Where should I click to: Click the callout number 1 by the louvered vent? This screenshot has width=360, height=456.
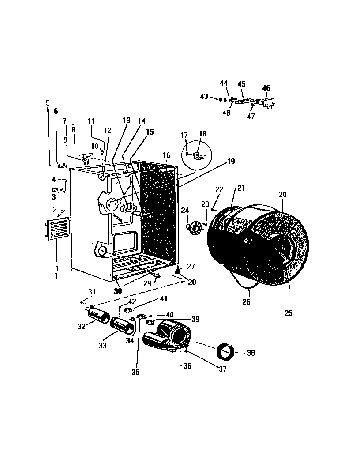56,276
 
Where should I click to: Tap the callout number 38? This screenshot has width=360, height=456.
251,353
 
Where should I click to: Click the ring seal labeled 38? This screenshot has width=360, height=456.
226,352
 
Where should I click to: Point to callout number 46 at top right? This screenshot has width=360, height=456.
266,89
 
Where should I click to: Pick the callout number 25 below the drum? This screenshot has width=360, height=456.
289,313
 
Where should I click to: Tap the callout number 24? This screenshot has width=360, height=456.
184,210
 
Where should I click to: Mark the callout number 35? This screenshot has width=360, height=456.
135,372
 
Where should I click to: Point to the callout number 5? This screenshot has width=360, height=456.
48,103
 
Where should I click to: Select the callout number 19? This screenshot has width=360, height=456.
231,162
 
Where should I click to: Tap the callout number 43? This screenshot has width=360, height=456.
204,96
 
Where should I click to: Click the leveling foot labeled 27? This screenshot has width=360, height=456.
178,269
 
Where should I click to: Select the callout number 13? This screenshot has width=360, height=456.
126,121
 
